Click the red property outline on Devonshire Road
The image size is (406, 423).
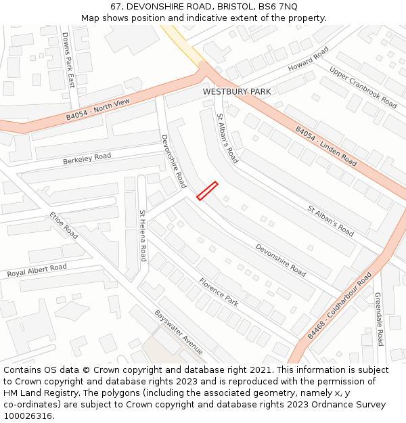pos(207,191)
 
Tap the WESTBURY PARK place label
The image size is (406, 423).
pos(237,91)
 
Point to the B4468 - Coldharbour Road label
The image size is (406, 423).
pos(340,306)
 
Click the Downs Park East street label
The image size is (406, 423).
pos(68,60)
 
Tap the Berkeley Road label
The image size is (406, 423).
pos(87,159)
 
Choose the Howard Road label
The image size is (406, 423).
pos(308,59)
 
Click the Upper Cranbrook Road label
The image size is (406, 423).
pos(363,87)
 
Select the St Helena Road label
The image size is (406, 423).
pos(143,236)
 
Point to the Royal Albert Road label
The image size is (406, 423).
pos(37,271)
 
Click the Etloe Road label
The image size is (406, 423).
pos(64,225)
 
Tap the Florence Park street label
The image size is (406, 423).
pos(218,292)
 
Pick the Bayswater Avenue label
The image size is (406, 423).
pos(179,332)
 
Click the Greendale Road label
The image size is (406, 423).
pos(379,319)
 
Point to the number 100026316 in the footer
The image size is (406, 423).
pos(28,416)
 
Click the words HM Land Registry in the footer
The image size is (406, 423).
pos(35,393)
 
